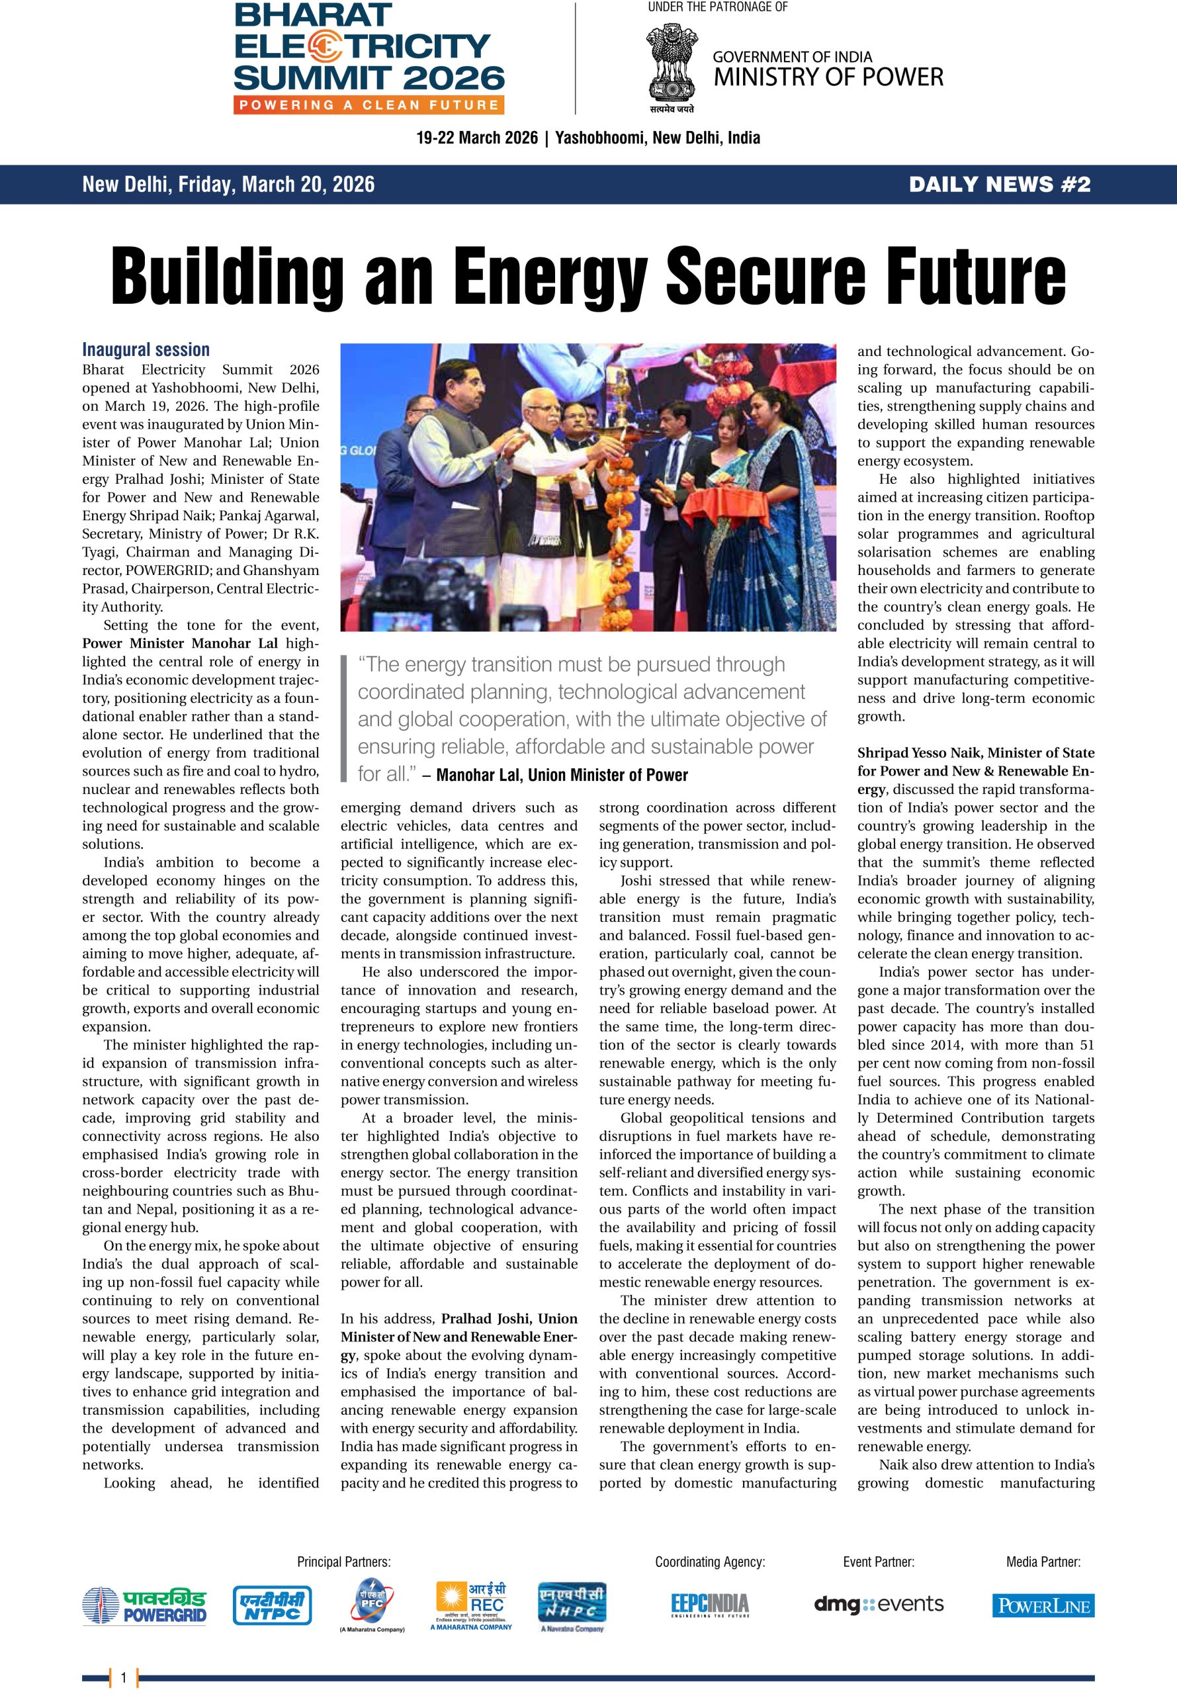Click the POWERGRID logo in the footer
tap(144, 1606)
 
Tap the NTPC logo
tap(271, 1605)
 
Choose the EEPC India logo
tap(709, 1604)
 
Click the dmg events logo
tap(879, 1603)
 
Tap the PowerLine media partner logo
tap(1043, 1605)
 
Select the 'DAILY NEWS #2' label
tap(999, 185)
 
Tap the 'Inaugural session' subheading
tap(146, 349)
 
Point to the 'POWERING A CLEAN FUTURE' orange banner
tap(369, 105)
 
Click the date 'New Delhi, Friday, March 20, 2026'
tap(229, 185)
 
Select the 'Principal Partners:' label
tap(343, 1561)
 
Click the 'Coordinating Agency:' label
tap(709, 1561)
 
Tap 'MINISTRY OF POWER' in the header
tap(828, 77)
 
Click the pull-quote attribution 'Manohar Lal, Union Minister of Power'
tap(561, 775)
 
